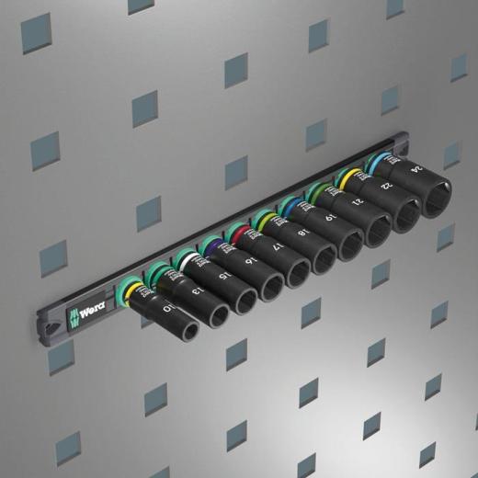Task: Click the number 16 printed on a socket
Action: pos(250,261)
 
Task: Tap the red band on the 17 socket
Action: pos(241,232)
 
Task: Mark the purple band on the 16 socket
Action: pos(214,246)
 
